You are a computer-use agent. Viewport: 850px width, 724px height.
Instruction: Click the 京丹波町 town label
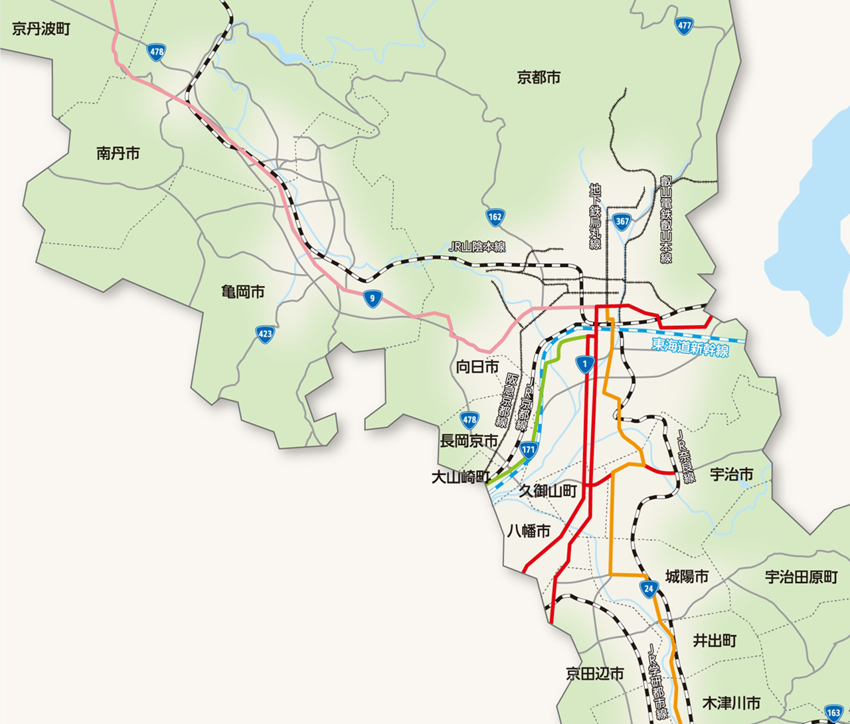click(x=41, y=29)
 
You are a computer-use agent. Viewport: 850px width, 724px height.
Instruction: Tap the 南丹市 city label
click(x=118, y=153)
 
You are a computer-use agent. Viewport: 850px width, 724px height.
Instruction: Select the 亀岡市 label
click(x=242, y=292)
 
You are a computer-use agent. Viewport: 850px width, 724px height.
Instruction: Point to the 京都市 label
click(x=539, y=78)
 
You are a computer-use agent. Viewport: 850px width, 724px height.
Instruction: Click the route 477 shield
click(x=683, y=26)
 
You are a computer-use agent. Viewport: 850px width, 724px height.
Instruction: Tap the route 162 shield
click(x=495, y=217)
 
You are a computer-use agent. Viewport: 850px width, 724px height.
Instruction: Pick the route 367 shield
click(x=622, y=222)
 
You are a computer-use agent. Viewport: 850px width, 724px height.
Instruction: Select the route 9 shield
click(x=373, y=298)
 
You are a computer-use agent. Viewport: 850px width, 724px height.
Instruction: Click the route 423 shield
click(x=266, y=333)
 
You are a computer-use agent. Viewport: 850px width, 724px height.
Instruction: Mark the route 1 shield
click(x=584, y=364)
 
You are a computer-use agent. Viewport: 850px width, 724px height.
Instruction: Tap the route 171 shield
click(x=528, y=450)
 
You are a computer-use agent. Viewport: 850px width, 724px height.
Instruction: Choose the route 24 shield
click(x=649, y=588)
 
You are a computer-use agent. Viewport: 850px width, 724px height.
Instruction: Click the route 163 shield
click(x=834, y=713)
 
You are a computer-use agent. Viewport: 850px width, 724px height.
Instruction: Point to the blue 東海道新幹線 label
click(x=690, y=347)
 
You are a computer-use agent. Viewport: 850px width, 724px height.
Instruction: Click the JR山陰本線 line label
click(x=477, y=247)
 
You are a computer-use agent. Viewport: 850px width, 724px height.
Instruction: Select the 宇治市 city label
click(x=732, y=474)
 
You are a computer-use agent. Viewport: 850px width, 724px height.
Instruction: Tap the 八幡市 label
click(x=529, y=531)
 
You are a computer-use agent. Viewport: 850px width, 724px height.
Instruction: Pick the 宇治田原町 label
click(x=801, y=577)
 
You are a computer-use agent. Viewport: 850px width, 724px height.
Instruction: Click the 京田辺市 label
click(x=594, y=674)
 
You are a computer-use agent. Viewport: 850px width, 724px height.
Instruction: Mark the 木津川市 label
click(x=731, y=703)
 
